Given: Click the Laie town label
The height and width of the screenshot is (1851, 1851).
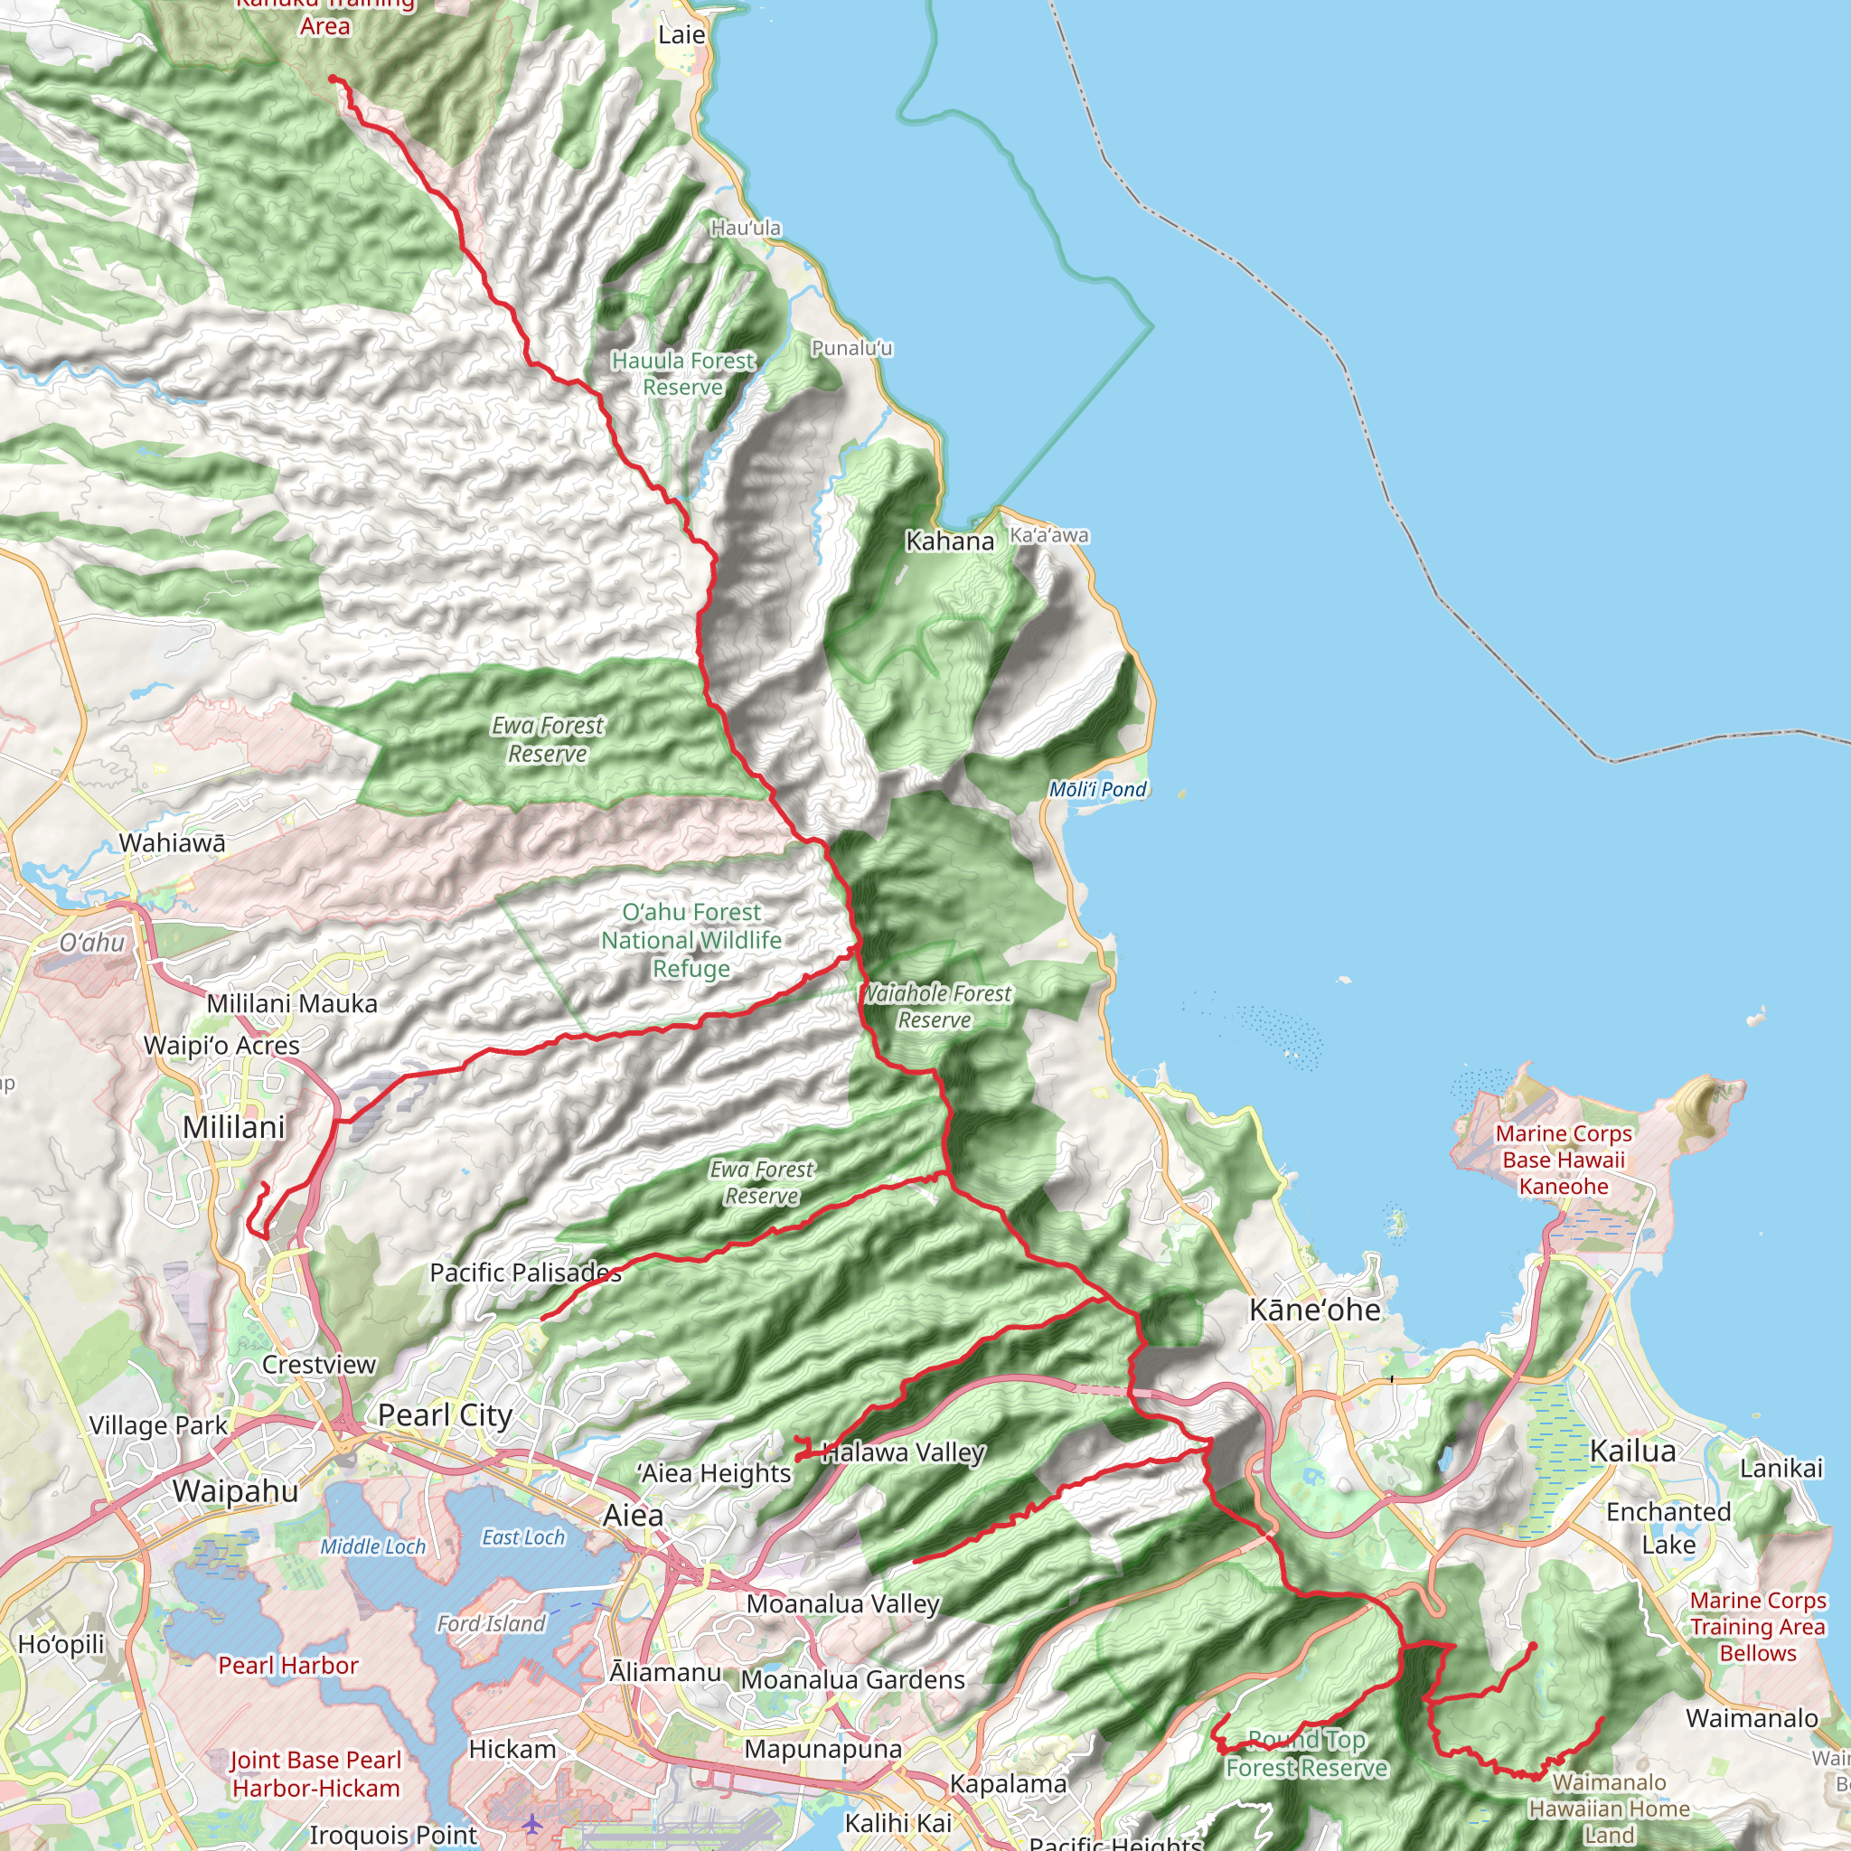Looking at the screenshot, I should [x=681, y=35].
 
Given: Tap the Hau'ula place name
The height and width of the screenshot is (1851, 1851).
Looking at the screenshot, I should [x=746, y=228].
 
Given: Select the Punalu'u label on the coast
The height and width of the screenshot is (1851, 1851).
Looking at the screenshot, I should [x=851, y=349].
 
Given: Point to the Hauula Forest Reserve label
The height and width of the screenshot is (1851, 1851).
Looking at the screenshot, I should [x=683, y=373].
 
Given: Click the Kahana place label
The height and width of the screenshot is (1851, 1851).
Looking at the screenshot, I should [x=950, y=541].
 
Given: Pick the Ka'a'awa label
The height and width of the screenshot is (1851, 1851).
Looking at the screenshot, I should [x=1049, y=536].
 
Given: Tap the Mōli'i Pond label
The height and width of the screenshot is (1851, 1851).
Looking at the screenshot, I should [x=1097, y=789].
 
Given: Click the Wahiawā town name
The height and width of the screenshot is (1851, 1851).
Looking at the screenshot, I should [x=173, y=843].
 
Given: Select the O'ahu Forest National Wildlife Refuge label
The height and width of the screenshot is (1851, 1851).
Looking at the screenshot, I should [x=691, y=940].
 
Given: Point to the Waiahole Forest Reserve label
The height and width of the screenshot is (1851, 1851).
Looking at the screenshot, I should [x=936, y=1007].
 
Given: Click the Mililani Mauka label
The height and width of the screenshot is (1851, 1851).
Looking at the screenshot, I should [x=292, y=1003].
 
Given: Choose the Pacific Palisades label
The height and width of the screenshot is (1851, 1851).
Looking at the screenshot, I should [x=525, y=1273].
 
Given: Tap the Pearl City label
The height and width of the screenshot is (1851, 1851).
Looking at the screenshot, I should [x=446, y=1415].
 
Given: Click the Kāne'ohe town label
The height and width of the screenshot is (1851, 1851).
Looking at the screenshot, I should [x=1314, y=1310].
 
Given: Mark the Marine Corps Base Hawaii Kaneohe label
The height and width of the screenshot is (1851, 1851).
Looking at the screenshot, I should [x=1564, y=1160].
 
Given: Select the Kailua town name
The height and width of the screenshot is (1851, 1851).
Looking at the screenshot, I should [x=1632, y=1451].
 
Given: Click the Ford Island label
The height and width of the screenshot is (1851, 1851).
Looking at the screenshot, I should [x=491, y=1623].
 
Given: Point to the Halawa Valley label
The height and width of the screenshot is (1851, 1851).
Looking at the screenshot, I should [x=904, y=1452].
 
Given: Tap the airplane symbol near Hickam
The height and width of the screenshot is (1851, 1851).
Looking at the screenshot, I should [x=531, y=1824].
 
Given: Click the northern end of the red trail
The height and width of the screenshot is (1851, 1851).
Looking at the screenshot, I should [x=333, y=78].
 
